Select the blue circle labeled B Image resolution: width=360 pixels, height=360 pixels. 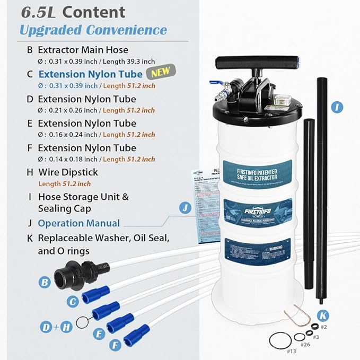coord(45,282)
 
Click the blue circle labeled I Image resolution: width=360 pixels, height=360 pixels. coord(336,108)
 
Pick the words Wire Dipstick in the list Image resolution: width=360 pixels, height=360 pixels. coord(68,172)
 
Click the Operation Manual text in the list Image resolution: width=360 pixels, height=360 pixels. coord(78,223)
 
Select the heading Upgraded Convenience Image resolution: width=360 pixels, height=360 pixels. coord(93,30)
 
